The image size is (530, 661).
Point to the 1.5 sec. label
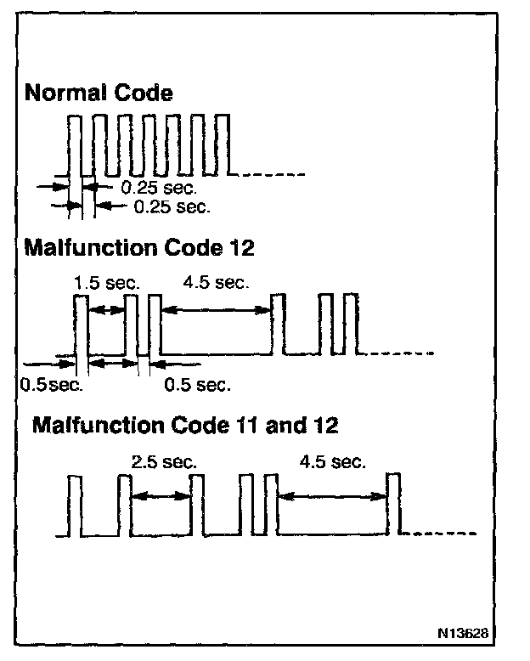[x=107, y=282]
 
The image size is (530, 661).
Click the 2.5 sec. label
[x=164, y=462]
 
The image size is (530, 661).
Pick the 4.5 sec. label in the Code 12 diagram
[x=216, y=282]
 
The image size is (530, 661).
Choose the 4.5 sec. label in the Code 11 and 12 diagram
[x=333, y=462]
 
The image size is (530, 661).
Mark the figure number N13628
[x=464, y=634]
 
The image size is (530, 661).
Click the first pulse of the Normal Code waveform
[x=75, y=144]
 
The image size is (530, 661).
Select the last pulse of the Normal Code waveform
[x=223, y=144]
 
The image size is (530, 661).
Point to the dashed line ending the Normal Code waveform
[x=272, y=175]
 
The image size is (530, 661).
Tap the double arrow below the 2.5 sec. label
[x=161, y=496]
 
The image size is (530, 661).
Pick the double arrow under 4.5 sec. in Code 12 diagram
[x=216, y=311]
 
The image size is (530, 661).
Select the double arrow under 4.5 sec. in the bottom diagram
[x=332, y=496]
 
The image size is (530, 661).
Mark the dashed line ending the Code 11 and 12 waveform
[x=438, y=534]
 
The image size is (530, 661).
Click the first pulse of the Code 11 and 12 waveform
[x=73, y=506]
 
